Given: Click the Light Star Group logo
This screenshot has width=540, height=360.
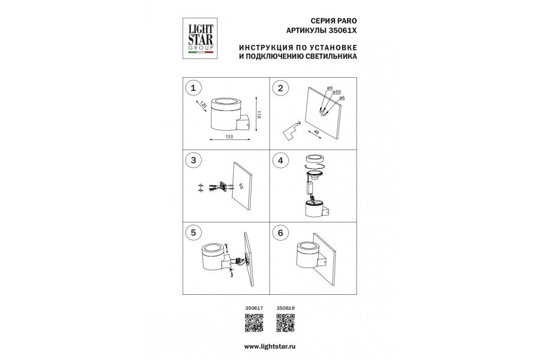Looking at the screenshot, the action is click(x=200, y=38).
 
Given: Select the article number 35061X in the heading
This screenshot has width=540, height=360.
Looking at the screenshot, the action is click(x=343, y=31).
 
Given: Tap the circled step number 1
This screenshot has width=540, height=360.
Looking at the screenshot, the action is click(x=193, y=88).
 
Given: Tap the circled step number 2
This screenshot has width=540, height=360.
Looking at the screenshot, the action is click(x=280, y=88).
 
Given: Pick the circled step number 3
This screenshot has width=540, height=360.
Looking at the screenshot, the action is click(x=193, y=160).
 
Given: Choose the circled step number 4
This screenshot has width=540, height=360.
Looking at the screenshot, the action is click(x=280, y=161).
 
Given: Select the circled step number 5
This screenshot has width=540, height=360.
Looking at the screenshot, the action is click(x=193, y=233).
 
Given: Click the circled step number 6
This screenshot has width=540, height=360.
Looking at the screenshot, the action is click(x=280, y=233).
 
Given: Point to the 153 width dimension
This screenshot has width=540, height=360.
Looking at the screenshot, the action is click(x=229, y=137).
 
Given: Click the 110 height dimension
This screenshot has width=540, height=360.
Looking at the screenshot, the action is click(x=259, y=115).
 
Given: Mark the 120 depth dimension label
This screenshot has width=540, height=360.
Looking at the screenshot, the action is click(x=203, y=105).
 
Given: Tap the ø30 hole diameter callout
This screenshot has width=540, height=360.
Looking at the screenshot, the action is click(x=337, y=92).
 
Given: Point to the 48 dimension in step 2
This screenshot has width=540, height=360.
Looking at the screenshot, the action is click(x=316, y=132).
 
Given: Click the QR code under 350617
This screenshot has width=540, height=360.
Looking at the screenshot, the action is click(x=254, y=323).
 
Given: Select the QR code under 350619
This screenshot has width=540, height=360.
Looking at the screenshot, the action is click(x=285, y=323).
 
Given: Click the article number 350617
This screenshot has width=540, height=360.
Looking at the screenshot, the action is click(x=254, y=308).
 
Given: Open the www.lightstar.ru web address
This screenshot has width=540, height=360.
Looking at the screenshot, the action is click(x=270, y=347).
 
